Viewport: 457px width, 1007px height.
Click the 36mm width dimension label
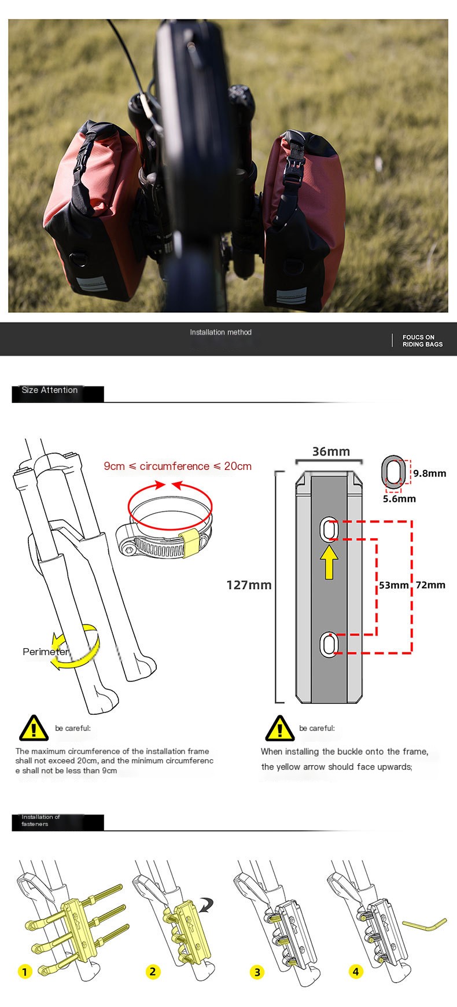click(x=331, y=451)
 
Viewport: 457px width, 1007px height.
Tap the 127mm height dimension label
click(x=249, y=585)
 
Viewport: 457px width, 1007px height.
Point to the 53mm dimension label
click(x=393, y=585)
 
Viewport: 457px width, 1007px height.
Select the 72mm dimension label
click(x=430, y=585)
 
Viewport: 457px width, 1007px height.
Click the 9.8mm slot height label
click(x=429, y=473)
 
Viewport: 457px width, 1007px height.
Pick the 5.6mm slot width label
click(x=399, y=498)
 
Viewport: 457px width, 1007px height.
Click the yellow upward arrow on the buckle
click(x=330, y=561)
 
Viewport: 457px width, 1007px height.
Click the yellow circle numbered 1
click(x=25, y=971)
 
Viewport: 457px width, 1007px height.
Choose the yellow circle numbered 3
click(x=257, y=972)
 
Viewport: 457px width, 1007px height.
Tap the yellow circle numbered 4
click(x=356, y=971)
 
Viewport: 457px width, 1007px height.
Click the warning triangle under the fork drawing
click(x=34, y=728)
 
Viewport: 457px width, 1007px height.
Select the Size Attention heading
click(x=50, y=390)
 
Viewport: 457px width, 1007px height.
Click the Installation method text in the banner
click(x=221, y=332)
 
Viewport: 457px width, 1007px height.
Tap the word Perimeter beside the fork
click(x=46, y=652)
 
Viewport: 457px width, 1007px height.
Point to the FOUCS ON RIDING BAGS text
click(x=422, y=341)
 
